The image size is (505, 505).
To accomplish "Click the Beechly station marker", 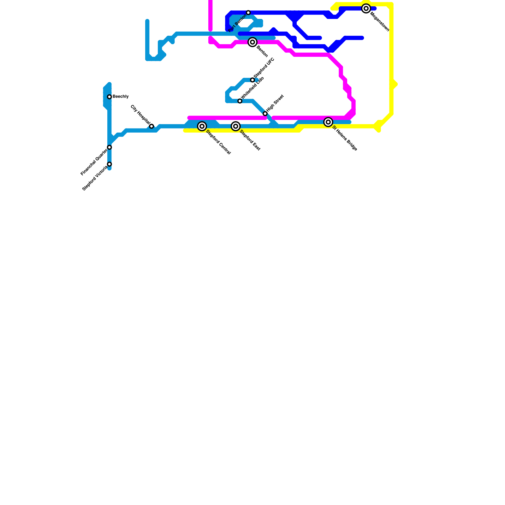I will [110, 97].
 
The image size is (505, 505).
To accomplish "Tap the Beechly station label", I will [121, 97].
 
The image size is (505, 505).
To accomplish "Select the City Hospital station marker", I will [151, 126].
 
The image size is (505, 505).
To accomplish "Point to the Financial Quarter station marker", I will [110, 147].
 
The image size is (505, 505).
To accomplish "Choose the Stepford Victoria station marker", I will [110, 164].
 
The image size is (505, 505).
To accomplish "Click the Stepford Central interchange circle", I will [202, 126].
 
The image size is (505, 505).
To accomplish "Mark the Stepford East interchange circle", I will [236, 126].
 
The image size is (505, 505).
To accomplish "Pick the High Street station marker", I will [265, 114].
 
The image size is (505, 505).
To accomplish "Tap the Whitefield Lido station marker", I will [240, 101].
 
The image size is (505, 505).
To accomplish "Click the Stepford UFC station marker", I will [252, 80].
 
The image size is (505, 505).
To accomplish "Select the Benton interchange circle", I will [252, 42].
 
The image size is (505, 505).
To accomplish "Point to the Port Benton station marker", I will [248, 13].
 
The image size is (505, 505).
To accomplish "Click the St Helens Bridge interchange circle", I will [328, 122].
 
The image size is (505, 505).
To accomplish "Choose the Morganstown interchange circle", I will [366, 9].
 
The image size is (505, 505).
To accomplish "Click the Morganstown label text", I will [380, 22].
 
